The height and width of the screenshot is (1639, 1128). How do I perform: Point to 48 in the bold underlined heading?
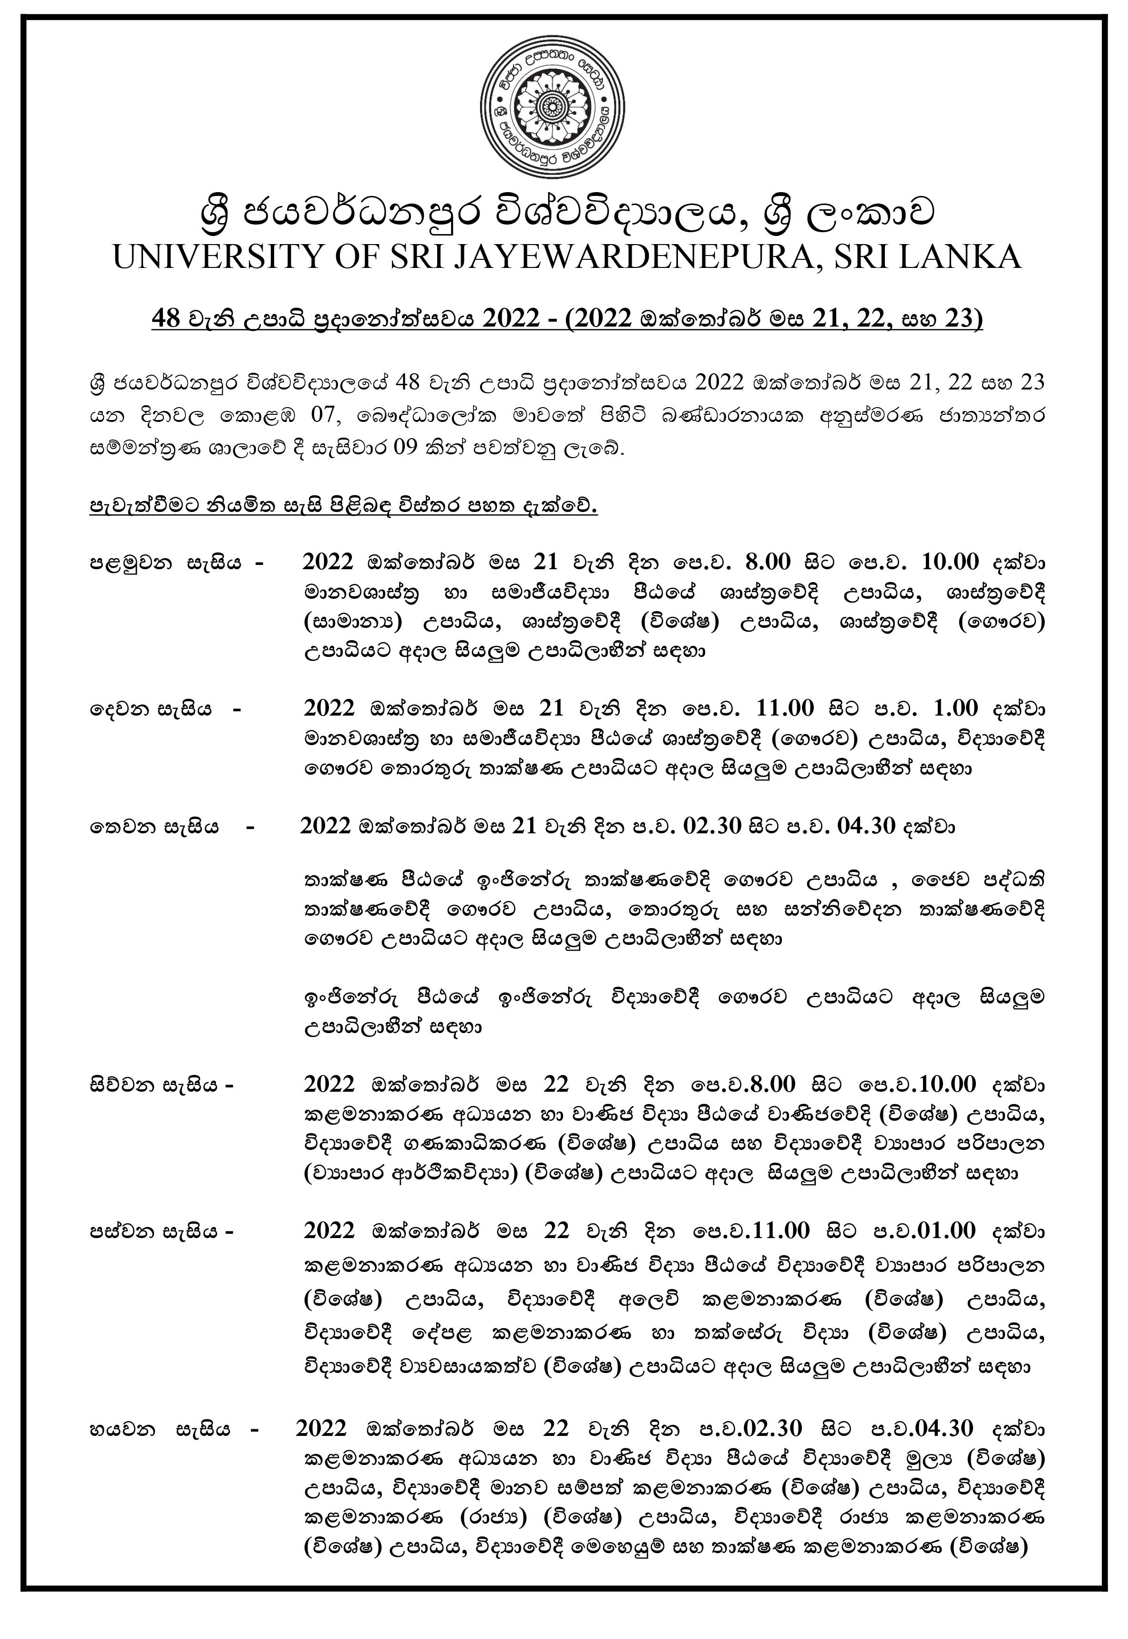pyautogui.click(x=167, y=319)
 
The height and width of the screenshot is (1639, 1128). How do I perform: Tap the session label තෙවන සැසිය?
pyautogui.click(x=154, y=826)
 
